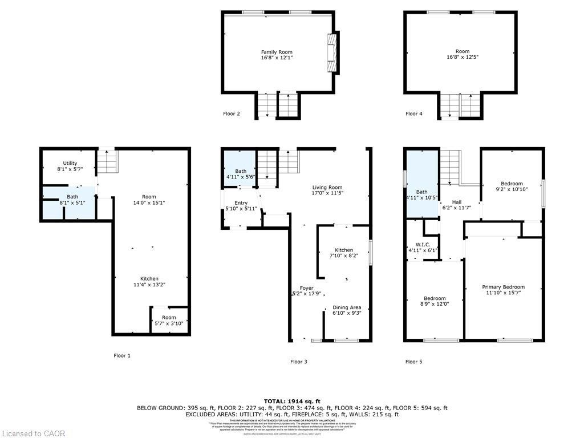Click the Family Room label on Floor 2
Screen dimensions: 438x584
pyautogui.click(x=277, y=52)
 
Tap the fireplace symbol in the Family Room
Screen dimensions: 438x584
pyautogui.click(x=332, y=52)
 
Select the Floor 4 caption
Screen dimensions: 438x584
pyautogui.click(x=414, y=113)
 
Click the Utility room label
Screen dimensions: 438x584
pyautogui.click(x=70, y=163)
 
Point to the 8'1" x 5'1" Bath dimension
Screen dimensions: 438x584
pyautogui.click(x=72, y=202)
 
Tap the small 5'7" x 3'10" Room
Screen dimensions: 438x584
pyautogui.click(x=169, y=321)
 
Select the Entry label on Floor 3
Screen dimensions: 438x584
pyautogui.click(x=241, y=203)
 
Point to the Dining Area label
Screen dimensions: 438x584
pyautogui.click(x=347, y=307)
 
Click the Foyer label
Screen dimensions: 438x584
pyautogui.click(x=307, y=288)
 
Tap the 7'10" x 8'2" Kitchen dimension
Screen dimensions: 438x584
pyautogui.click(x=344, y=256)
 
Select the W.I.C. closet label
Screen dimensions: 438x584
pyautogui.click(x=422, y=244)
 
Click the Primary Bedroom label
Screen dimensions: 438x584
pyautogui.click(x=503, y=287)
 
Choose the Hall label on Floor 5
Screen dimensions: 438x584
pyautogui.click(x=457, y=202)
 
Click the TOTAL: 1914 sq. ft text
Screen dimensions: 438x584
pyautogui.click(x=292, y=401)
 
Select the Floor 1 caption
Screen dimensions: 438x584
pyautogui.click(x=122, y=355)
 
